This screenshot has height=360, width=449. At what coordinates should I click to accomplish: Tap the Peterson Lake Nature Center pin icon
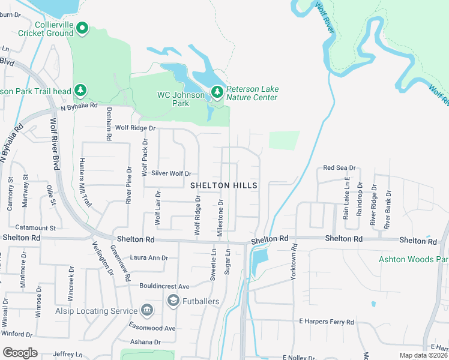(217, 92)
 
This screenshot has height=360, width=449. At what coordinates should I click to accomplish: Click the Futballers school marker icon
(173, 301)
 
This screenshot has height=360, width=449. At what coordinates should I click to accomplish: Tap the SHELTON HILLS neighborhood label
(224, 186)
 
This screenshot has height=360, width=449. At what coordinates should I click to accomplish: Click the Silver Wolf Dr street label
(171, 173)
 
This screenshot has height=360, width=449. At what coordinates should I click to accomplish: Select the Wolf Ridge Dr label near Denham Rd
(135, 128)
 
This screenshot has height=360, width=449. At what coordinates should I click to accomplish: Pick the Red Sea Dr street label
(340, 168)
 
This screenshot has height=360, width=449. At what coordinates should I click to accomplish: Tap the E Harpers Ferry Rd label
(327, 322)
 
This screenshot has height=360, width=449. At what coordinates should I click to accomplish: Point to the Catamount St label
(35, 228)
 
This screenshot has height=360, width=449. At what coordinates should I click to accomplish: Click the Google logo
(19, 353)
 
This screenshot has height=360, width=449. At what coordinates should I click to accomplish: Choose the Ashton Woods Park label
(413, 260)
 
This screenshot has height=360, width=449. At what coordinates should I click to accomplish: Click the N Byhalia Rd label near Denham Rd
(79, 106)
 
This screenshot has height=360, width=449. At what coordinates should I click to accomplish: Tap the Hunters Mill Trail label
(84, 182)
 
